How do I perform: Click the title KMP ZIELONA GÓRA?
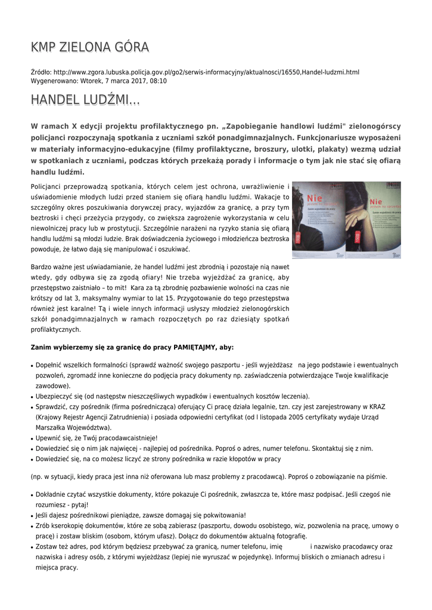pyautogui.click(x=90, y=47)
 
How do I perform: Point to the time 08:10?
pyautogui.click(x=158, y=80)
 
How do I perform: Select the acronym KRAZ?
pyautogui.click(x=377, y=407)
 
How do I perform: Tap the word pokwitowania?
pyautogui.click(x=220, y=515)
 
